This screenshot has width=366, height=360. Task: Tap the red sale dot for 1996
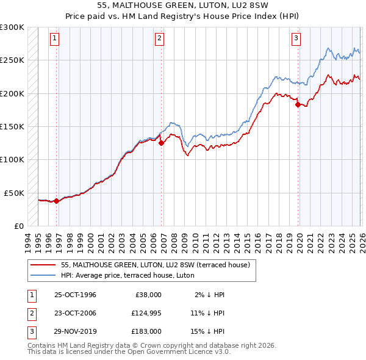tap(57, 201)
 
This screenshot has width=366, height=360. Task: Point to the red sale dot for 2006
tap(161, 143)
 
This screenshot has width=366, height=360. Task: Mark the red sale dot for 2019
tap(298, 104)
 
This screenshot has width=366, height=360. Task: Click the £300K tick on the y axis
tap(12, 27)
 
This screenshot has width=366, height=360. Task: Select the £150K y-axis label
tap(12, 126)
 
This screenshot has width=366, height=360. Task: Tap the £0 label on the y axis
tap(19, 226)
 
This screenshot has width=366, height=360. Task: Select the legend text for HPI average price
tap(127, 276)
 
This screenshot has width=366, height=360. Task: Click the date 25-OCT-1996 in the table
tap(75, 295)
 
